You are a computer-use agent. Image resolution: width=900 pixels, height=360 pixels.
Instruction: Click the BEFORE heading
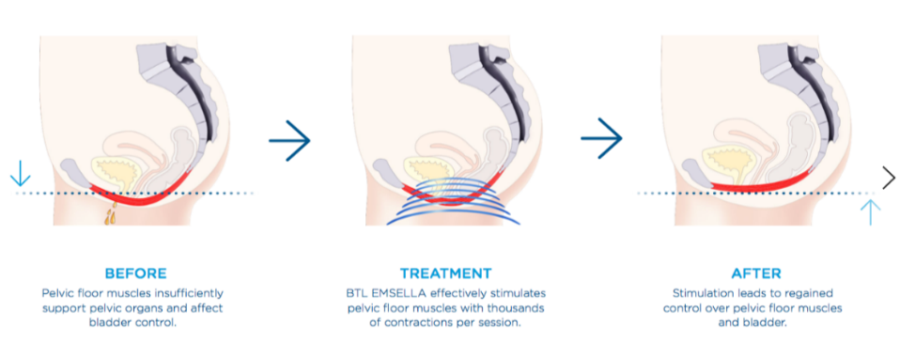[x=135, y=274]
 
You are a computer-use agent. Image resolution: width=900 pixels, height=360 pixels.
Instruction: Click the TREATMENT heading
[x=445, y=274]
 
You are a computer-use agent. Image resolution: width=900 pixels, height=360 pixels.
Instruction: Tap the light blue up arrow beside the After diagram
[x=870, y=211]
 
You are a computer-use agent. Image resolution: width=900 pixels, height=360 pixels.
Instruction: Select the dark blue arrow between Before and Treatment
[x=289, y=141]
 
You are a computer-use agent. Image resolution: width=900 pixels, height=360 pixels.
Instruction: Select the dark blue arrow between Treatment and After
[x=601, y=141]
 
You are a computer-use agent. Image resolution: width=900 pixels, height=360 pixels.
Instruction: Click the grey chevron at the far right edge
[x=889, y=176]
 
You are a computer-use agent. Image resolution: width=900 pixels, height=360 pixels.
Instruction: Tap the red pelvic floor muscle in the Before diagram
[x=141, y=196]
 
